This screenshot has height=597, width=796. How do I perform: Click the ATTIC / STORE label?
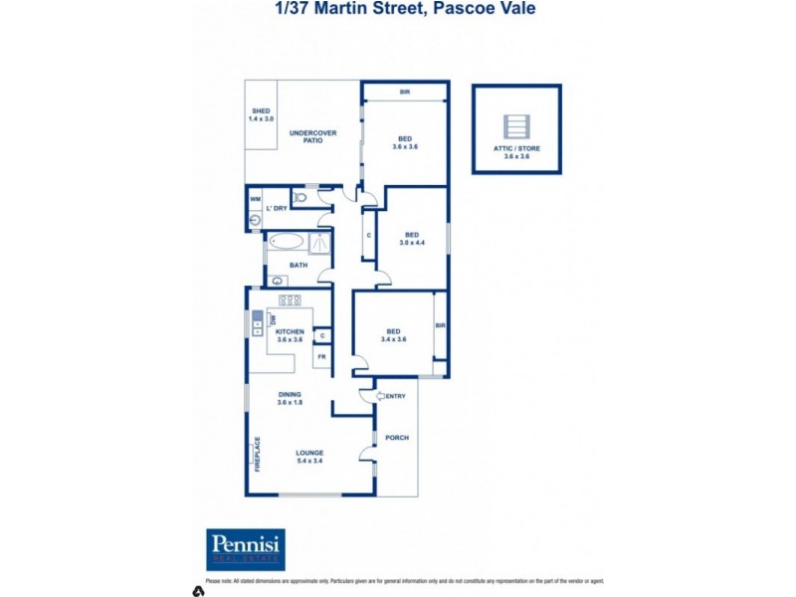[516, 151]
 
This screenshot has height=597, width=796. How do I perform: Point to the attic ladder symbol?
[516, 126]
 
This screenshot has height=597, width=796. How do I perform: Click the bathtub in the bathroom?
[285, 242]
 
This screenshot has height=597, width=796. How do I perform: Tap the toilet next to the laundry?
[302, 198]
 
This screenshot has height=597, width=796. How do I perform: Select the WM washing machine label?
[255, 199]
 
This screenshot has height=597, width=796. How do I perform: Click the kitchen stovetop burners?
[290, 299]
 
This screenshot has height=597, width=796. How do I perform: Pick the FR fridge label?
[320, 356]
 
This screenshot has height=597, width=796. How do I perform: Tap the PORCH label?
[396, 438]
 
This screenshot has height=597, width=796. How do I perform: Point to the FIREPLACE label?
[257, 454]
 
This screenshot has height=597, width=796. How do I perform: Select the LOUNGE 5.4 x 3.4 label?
[310, 456]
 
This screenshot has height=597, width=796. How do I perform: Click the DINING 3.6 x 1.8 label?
[291, 398]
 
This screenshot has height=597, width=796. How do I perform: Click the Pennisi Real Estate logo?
[245, 549]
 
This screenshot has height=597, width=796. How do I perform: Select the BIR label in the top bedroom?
[405, 93]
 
